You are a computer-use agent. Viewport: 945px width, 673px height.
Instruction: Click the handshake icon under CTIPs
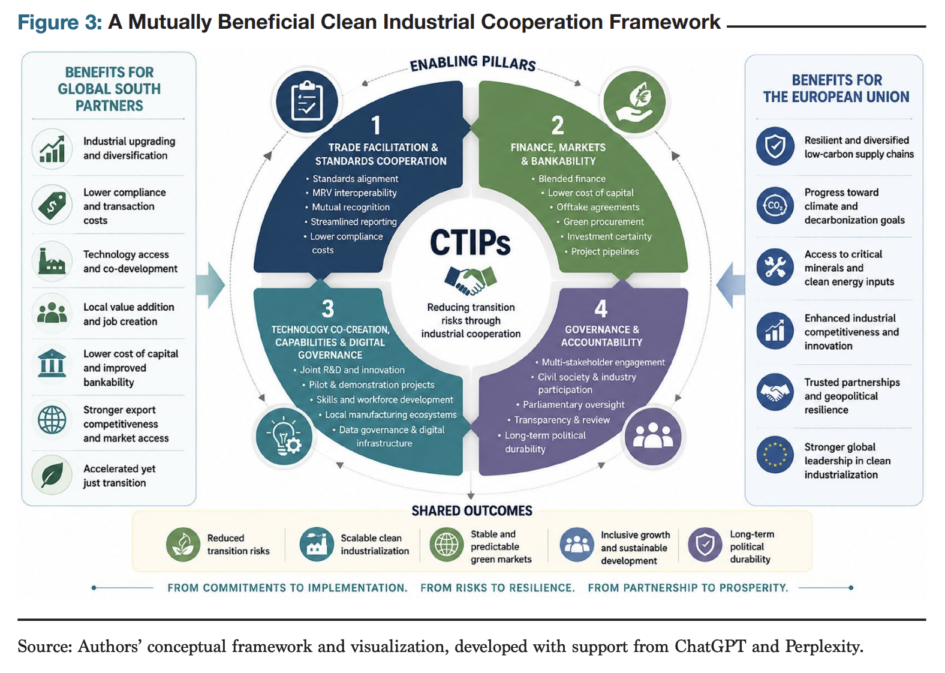470,280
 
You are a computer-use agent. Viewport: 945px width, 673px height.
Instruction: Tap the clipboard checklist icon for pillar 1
307,102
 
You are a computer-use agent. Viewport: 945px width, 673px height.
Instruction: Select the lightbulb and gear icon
284,437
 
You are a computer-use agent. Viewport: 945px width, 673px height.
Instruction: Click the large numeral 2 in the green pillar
557,125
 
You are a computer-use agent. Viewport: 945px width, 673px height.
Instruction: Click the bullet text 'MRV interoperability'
354,193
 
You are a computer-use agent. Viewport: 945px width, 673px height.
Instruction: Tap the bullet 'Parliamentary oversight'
574,404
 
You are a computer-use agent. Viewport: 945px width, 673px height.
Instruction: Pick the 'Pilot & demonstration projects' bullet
372,385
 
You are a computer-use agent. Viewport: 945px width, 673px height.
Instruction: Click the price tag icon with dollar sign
52,205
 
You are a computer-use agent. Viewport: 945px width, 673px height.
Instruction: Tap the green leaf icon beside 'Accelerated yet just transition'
52,475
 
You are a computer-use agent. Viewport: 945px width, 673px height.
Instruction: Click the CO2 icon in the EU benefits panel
775,206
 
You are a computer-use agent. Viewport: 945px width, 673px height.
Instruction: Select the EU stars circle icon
775,455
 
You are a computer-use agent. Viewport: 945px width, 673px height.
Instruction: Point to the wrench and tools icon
775,268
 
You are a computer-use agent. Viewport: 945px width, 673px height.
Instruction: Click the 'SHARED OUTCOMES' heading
472,510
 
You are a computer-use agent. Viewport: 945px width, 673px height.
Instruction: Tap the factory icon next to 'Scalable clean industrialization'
317,544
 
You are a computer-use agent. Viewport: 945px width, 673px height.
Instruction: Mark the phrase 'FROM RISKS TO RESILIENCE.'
498,588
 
